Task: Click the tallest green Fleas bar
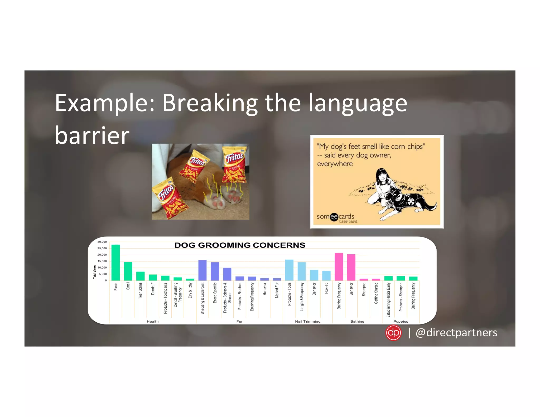click(115, 262)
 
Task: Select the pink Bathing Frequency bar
click(339, 266)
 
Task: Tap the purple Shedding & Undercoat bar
click(202, 270)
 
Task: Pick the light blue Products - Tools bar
click(289, 270)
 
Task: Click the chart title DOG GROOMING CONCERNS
click(240, 245)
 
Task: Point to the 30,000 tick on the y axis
click(102, 242)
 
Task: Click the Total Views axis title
click(94, 272)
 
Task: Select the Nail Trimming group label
click(308, 321)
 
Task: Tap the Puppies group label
click(401, 321)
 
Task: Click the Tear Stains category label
click(140, 290)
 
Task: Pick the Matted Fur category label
click(277, 290)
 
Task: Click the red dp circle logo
click(393, 333)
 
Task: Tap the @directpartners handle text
click(456, 332)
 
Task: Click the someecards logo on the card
click(335, 217)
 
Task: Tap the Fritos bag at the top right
click(234, 164)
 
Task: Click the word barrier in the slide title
click(92, 135)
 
